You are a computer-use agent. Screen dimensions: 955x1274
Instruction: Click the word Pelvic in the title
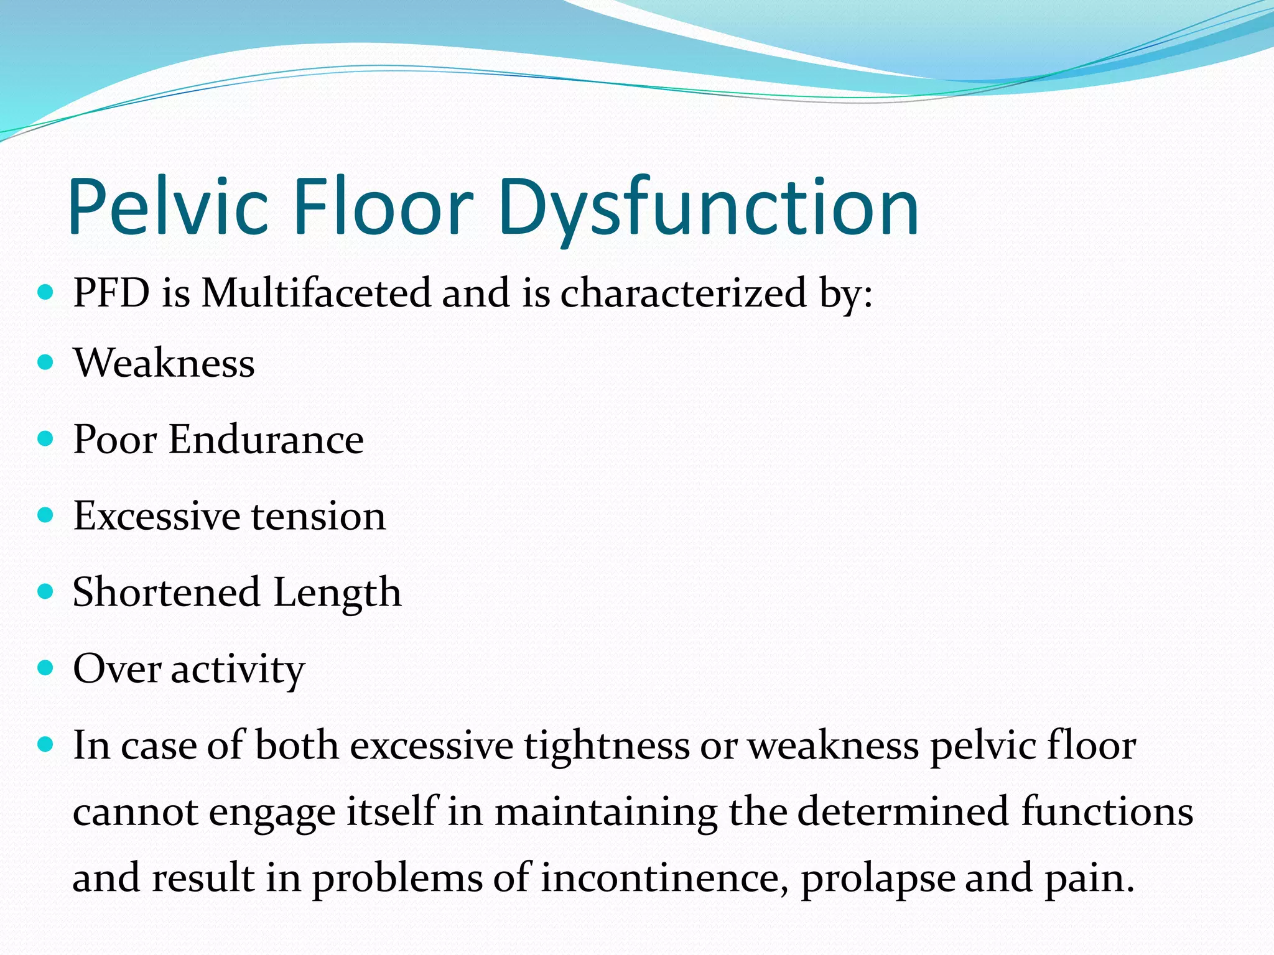coord(168,206)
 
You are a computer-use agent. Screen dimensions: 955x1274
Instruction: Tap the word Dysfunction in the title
coord(709,206)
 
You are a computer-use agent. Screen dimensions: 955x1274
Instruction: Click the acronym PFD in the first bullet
coord(111,292)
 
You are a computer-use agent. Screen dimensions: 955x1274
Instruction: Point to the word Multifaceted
coord(316,292)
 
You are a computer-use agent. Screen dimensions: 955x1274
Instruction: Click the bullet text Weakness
coord(164,362)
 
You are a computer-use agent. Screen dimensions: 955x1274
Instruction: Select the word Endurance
coord(266,440)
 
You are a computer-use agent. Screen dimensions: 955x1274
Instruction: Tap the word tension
coord(318,516)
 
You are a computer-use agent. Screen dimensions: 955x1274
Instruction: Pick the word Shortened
coord(166,592)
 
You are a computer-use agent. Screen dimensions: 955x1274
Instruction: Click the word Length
coord(337,592)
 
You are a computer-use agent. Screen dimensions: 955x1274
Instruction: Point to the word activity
coord(238,669)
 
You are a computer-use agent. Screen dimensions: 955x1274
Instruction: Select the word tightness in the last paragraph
coord(607,745)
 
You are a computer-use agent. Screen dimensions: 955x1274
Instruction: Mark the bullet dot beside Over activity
coord(45,668)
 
